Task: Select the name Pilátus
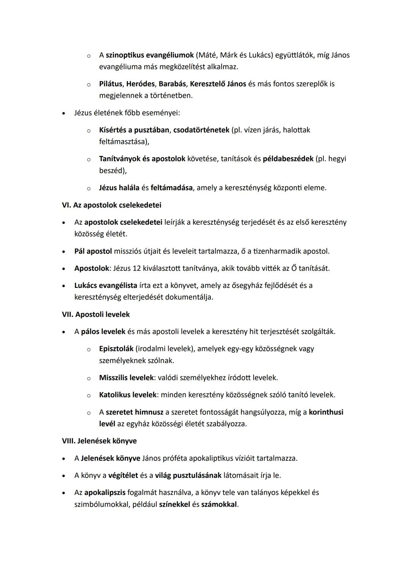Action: click(x=110, y=84)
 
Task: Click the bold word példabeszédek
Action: click(x=288, y=159)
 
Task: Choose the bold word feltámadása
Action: click(x=171, y=188)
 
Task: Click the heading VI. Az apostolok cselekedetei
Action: click(x=111, y=205)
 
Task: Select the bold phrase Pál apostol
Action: click(x=93, y=251)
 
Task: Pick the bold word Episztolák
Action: click(x=116, y=349)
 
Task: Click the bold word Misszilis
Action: click(x=113, y=378)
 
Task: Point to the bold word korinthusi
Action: click(x=326, y=412)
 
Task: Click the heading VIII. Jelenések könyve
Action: click(x=99, y=441)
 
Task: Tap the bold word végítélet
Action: click(x=123, y=476)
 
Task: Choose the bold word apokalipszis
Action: click(x=105, y=493)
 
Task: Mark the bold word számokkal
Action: click(x=219, y=504)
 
